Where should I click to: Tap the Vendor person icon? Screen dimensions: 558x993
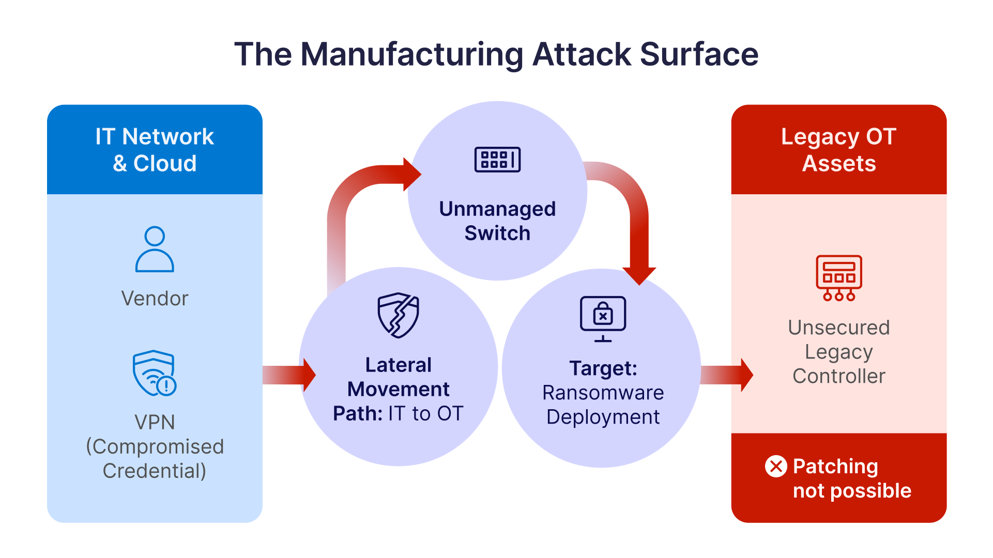tap(155, 249)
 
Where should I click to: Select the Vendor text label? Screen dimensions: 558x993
tap(155, 298)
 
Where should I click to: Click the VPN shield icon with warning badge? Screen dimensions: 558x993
tap(154, 373)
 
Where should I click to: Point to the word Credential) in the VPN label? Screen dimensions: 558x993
tap(155, 471)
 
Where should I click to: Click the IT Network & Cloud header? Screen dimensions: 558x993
tap(155, 150)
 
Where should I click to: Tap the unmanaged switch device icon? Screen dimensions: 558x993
tap(497, 160)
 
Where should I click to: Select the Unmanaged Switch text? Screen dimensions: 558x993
tap(497, 221)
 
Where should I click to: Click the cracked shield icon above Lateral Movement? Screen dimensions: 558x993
tap(398, 315)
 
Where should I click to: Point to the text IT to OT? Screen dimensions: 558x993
tap(426, 413)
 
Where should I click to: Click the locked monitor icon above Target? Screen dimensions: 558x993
tap(603, 318)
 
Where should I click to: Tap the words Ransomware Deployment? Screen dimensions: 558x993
tap(603, 405)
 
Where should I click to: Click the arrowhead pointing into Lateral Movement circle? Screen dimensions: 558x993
tap(309, 375)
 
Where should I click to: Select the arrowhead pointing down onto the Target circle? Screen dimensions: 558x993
tap(639, 275)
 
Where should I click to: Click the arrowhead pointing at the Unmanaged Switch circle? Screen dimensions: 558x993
tap(411, 175)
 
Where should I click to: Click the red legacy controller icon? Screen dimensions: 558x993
tap(838, 278)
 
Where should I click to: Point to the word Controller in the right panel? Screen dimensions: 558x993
tap(838, 376)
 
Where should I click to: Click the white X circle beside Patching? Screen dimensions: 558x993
tap(776, 467)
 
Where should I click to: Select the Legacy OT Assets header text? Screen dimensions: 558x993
tap(838, 150)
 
